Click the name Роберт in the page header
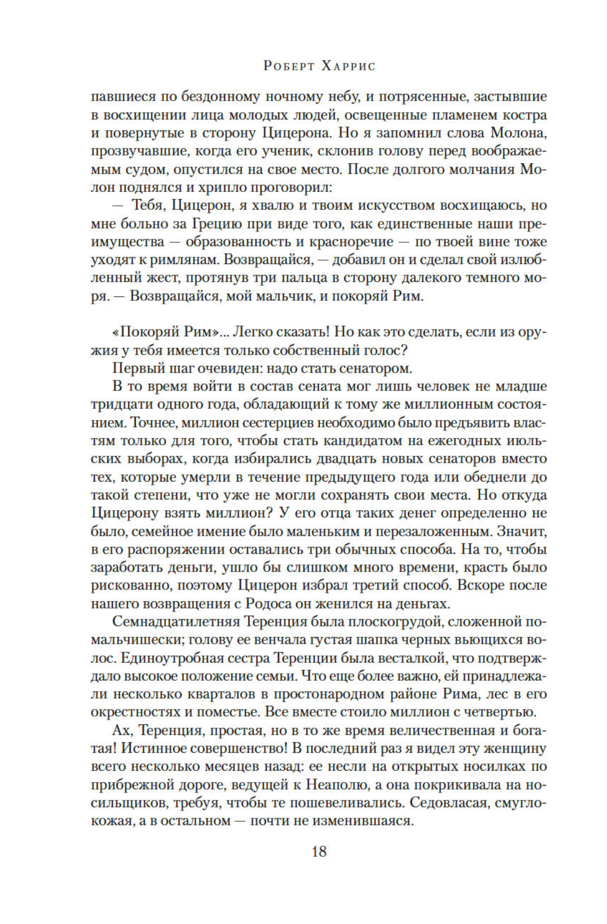tap(290, 66)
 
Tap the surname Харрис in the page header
tap(349, 66)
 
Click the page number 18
tap(319, 852)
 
